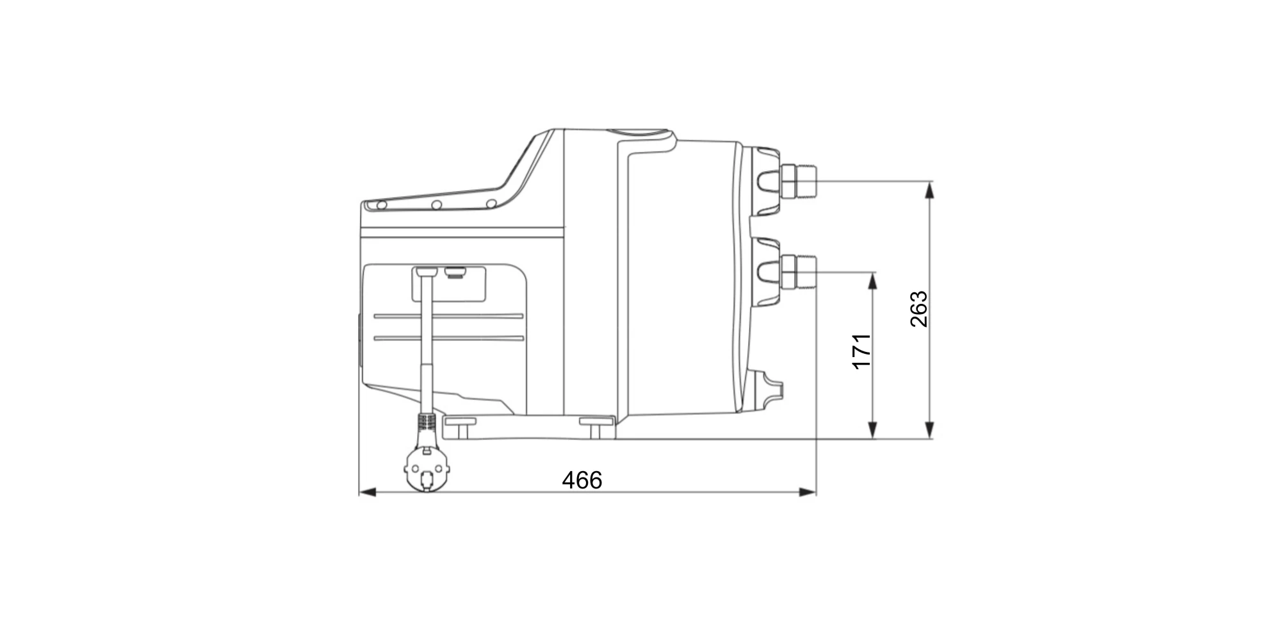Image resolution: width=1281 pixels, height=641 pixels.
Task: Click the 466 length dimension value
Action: coord(582,480)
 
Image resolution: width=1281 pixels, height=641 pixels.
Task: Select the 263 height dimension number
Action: coord(919,309)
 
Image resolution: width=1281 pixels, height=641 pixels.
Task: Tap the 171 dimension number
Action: coord(862,351)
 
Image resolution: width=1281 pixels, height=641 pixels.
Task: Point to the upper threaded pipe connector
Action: coord(796,181)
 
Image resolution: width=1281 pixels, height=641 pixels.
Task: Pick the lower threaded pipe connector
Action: coord(796,272)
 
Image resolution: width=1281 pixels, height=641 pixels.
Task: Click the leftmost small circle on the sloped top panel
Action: coord(381,205)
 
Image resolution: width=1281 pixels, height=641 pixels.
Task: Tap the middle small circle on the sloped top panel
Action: coord(436,205)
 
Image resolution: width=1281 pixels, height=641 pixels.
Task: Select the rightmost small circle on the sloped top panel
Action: coord(491,204)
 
